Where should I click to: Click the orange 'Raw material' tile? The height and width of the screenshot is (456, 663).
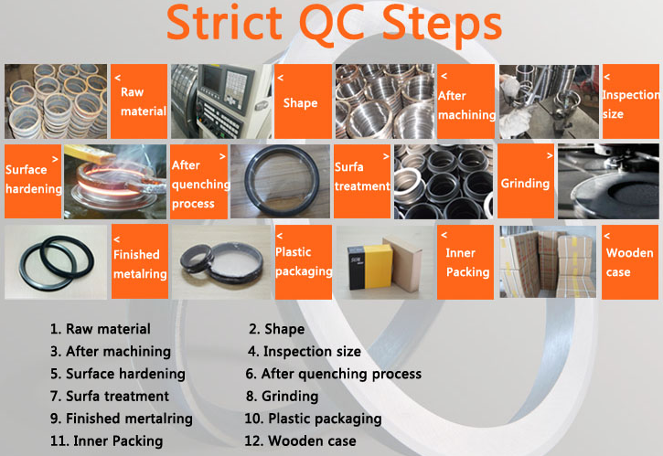point(139,101)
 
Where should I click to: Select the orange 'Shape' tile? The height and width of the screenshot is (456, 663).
point(303,101)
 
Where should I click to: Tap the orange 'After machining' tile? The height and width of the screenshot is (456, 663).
point(465,101)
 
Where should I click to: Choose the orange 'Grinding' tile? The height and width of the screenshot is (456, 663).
point(526,181)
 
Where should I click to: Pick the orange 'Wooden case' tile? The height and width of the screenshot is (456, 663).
point(630,262)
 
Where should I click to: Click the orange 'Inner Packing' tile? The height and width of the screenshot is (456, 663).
point(465,262)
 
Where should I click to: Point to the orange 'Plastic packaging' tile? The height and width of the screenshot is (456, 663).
point(304,262)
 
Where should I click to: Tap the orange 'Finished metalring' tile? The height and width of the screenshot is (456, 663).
point(140,261)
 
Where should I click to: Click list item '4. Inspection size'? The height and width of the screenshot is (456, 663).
point(305,351)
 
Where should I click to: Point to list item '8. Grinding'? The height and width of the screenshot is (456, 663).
point(282,396)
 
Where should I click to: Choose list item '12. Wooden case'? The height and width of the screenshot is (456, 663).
point(300,440)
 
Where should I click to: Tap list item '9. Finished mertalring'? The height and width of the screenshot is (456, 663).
point(122,419)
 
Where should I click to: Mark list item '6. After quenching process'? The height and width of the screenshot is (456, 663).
point(334,374)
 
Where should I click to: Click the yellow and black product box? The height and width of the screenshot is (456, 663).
point(370,267)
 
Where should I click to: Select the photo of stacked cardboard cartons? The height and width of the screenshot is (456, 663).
point(548,262)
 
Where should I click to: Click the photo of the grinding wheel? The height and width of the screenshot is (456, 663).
point(608,181)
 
